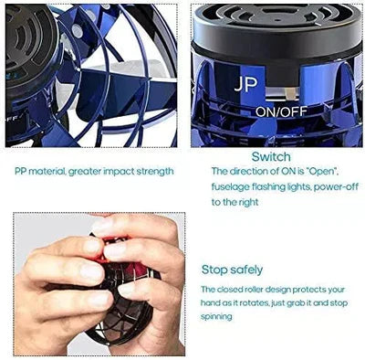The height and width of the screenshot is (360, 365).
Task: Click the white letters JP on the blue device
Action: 245,85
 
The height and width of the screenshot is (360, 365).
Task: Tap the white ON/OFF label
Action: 281,112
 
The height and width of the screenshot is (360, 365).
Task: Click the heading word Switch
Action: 271,157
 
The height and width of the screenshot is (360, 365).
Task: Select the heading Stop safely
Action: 232,270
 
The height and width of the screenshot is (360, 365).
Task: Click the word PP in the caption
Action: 21,172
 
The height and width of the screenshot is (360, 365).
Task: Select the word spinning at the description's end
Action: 216,317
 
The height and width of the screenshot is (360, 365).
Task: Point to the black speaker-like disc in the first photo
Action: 30,46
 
